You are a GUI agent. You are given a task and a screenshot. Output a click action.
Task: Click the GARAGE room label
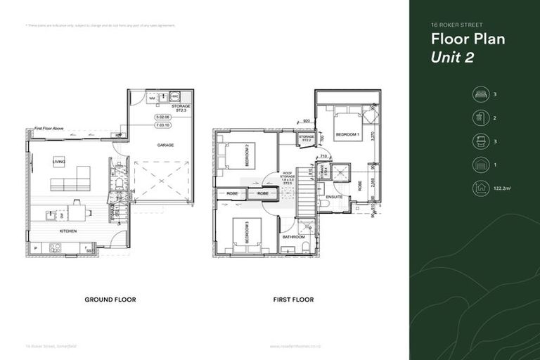click(x=166, y=145)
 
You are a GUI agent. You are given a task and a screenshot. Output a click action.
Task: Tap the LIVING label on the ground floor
click(x=58, y=162)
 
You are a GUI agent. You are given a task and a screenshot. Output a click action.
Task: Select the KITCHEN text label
click(x=68, y=231)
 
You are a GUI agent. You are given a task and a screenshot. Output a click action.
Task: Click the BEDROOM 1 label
click(x=347, y=134)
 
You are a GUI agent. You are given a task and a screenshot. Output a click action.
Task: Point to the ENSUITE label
click(x=334, y=197)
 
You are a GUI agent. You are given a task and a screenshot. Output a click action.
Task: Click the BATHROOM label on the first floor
click(x=295, y=237)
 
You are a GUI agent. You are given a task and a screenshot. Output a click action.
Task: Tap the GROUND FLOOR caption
click(x=110, y=300)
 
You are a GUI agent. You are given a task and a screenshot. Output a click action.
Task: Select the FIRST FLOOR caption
click(x=293, y=300)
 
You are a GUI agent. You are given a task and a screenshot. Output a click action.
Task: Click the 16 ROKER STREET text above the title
click(x=456, y=25)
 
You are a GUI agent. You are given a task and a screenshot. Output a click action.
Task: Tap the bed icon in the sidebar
click(x=480, y=94)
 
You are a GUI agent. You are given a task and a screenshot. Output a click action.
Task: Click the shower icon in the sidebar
click(x=480, y=117)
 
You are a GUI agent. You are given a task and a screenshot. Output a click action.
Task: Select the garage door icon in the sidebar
click(x=480, y=165)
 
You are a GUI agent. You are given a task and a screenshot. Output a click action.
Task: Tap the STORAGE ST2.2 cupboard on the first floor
click(x=306, y=139)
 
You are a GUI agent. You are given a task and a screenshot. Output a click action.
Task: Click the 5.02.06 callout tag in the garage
click(x=163, y=117)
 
